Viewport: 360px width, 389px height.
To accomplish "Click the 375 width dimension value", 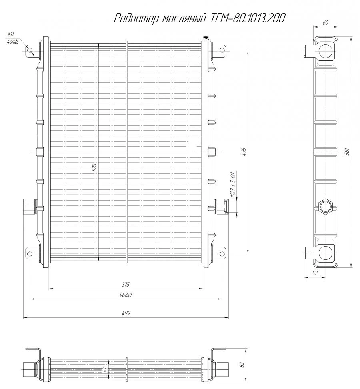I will coord(126,285).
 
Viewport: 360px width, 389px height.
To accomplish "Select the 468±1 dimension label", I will coord(126,295).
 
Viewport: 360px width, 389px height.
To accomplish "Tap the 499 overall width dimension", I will coord(126,314).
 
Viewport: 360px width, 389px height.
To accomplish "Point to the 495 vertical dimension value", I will coord(244,152).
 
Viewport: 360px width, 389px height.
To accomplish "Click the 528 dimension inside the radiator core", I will coord(95,168).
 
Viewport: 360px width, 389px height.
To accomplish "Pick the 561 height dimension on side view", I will coord(348,152).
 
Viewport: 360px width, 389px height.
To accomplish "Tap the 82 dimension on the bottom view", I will coord(242,365).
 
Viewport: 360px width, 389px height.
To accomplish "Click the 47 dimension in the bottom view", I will coord(105,370).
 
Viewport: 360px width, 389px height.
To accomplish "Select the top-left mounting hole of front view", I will coord(30,50).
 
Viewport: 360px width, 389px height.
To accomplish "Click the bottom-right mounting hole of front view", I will coord(221,253).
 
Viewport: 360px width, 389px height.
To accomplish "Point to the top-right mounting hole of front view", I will coord(221,50).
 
